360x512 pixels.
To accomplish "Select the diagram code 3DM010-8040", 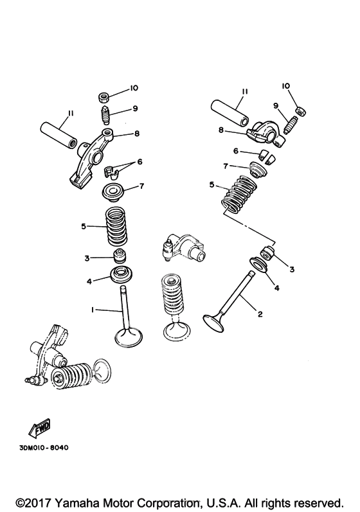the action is pos(44,448).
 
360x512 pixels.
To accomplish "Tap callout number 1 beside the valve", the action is pos(93,310).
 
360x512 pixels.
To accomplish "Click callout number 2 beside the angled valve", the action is pos(260,314).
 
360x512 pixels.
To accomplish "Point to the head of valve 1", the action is pos(129,337).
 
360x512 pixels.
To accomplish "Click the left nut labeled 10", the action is pos(104,97).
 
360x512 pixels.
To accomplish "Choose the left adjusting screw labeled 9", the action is pos(104,114).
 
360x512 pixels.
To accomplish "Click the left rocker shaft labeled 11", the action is pos(59,134).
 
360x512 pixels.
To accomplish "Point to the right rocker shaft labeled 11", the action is pos(230,113).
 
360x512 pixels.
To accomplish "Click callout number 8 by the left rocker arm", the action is pos(137,133).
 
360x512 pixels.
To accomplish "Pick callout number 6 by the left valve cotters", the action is pos(139,162).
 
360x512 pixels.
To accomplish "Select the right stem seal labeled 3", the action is pos(268,253).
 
